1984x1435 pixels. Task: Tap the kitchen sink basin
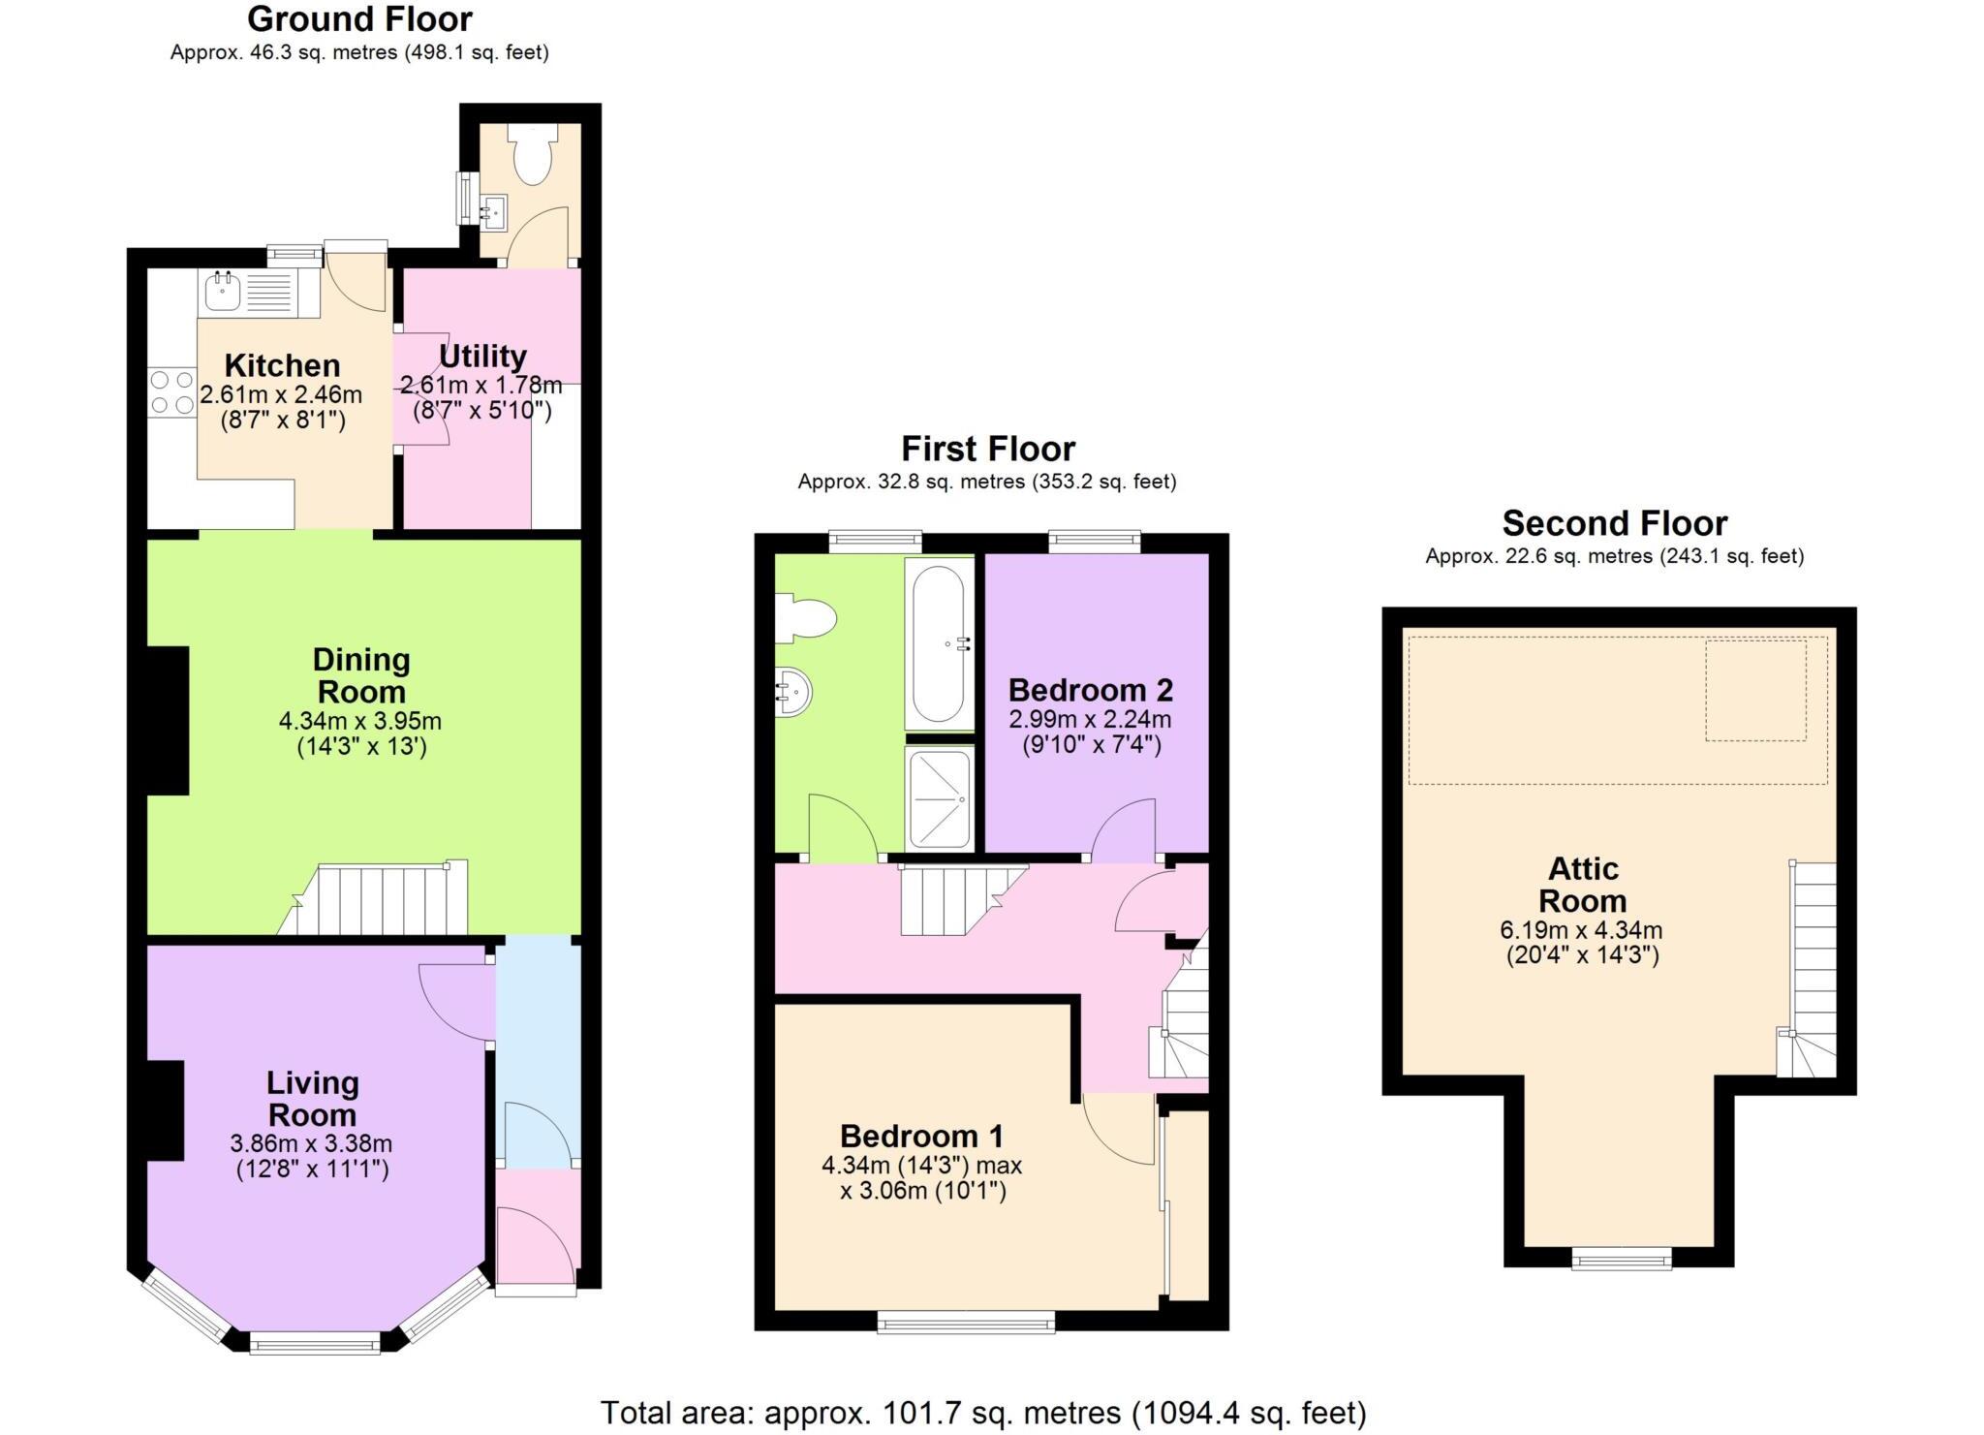pos(222,291)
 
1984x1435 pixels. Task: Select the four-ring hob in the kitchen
pos(171,392)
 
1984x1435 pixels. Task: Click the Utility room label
pos(482,356)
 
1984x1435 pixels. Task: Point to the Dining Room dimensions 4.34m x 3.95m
pos(360,721)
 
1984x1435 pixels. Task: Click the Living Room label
pos(312,1098)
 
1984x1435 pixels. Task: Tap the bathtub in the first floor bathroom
pos(938,643)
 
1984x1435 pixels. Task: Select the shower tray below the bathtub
pos(939,797)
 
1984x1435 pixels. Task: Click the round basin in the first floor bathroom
pos(793,692)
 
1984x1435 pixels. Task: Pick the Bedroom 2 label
pos(1090,690)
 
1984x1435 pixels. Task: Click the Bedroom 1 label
pos(921,1136)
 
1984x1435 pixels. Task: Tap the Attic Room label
pos(1582,884)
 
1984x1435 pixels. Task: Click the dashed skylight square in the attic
pos(1754,690)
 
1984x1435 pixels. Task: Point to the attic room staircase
pos(1813,969)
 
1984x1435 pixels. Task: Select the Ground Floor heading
pos(359,18)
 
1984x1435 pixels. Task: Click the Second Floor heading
pos(1614,523)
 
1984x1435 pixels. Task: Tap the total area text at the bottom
pos(982,1413)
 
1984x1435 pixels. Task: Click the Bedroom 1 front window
pos(966,1322)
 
